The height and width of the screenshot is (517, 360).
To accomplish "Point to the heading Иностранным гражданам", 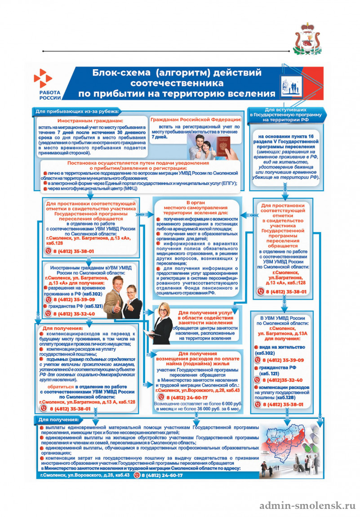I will [90, 121].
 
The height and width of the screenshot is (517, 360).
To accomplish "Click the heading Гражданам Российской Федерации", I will [196, 119].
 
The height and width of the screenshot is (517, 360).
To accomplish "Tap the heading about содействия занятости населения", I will [204, 317].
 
